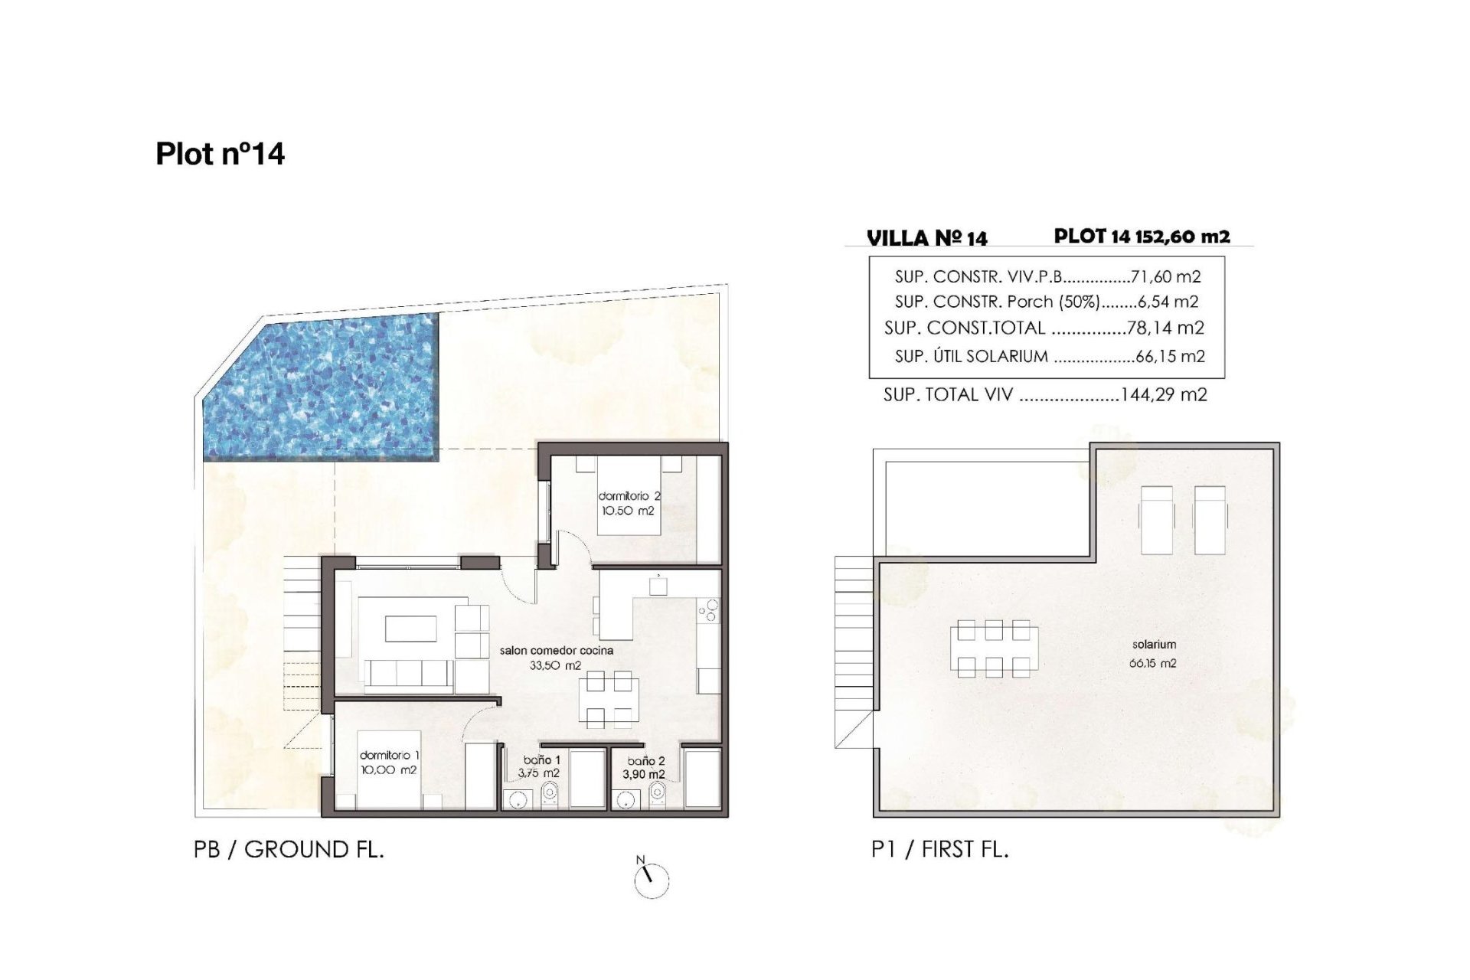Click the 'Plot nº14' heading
(x=220, y=154)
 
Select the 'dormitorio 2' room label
(x=629, y=496)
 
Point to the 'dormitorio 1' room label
(x=389, y=756)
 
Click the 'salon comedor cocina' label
(x=557, y=650)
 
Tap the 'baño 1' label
(x=542, y=760)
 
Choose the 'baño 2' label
(x=646, y=761)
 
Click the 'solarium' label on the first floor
(x=1154, y=645)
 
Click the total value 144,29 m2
(x=1164, y=395)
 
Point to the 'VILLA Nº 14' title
(x=927, y=238)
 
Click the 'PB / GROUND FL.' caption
(x=289, y=849)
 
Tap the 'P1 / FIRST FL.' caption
(x=940, y=849)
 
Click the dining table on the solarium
(x=994, y=649)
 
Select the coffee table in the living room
(x=410, y=629)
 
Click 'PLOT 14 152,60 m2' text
(x=1142, y=236)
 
